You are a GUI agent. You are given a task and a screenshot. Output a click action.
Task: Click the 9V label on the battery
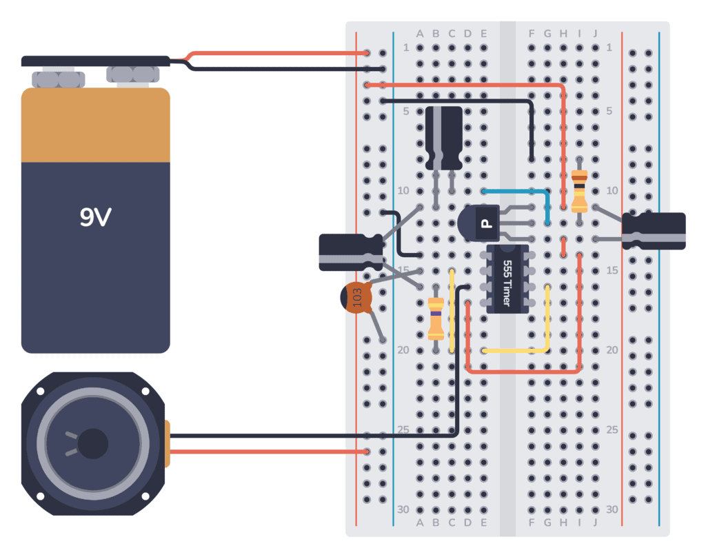pyautogui.click(x=95, y=218)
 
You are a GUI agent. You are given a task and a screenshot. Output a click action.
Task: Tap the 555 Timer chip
pyautogui.click(x=507, y=279)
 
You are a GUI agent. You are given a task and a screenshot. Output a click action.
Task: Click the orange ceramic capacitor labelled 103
pyautogui.click(x=356, y=298)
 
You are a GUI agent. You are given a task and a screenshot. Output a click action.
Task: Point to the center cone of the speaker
pyautogui.click(x=93, y=443)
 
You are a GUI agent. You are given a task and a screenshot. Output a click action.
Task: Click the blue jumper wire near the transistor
pyautogui.click(x=524, y=191)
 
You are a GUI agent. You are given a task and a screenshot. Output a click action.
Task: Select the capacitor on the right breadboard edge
pyautogui.click(x=654, y=230)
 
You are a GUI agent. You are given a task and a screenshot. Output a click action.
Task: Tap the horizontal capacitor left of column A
pyautogui.click(x=350, y=252)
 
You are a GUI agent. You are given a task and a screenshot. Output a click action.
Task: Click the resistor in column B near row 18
pyautogui.click(x=436, y=318)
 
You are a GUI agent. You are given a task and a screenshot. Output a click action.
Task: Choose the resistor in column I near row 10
pyautogui.click(x=580, y=190)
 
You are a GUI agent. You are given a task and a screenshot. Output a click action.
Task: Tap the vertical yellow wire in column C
pyautogui.click(x=452, y=310)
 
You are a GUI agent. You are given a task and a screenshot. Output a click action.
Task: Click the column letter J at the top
pyautogui.click(x=595, y=33)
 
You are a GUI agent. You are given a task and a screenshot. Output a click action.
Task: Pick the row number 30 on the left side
pyautogui.click(x=403, y=509)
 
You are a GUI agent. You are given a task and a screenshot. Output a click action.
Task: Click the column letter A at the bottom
pyautogui.click(x=420, y=523)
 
